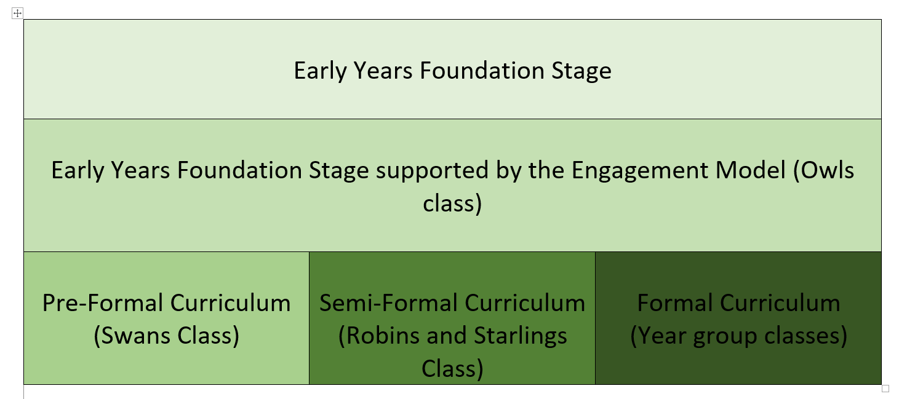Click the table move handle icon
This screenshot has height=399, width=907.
[x=17, y=14]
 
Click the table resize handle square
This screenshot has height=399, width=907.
[x=885, y=389]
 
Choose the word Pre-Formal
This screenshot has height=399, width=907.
[x=102, y=303]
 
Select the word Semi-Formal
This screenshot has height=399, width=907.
[x=389, y=303]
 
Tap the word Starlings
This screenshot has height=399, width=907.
[x=521, y=336]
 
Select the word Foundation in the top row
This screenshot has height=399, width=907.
[x=482, y=71]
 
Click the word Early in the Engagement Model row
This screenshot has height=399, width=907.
[x=78, y=171]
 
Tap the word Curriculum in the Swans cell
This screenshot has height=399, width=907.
[x=230, y=303]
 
